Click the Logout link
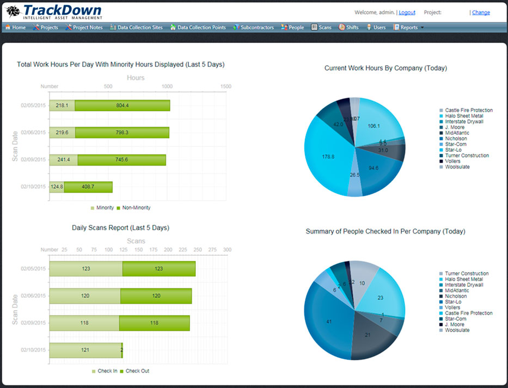tap(407, 13)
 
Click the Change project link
tap(481, 13)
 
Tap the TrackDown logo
tap(53, 11)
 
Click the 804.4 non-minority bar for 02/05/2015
tap(123, 106)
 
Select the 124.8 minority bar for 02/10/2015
tap(57, 187)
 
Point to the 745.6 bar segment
tap(122, 159)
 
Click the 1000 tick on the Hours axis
tap(167, 87)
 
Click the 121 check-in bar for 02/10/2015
tap(85, 350)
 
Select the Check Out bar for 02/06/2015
tap(156, 295)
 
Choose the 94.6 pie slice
tap(375, 169)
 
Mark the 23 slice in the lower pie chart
tap(380, 297)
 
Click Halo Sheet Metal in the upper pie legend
tap(463, 116)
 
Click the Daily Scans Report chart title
tap(120, 227)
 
